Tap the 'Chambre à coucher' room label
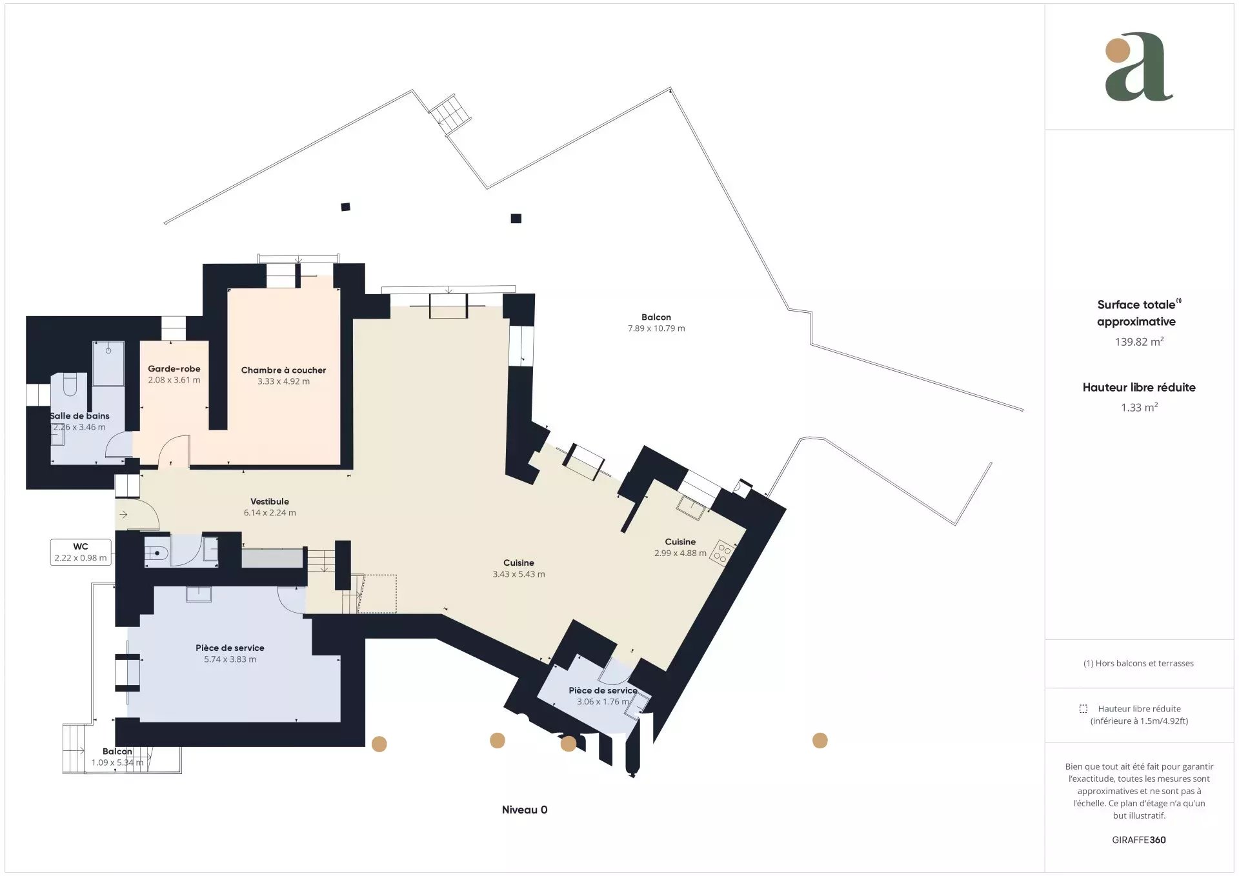pos(283,370)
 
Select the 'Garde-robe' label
pos(174,369)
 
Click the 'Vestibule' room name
pos(270,501)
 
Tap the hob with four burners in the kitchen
pos(721,553)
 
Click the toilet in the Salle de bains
pos(70,384)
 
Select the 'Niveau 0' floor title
pos(525,810)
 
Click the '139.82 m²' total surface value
pos(1139,342)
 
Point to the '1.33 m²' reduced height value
pos(1139,408)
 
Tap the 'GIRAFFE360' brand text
pos(1139,840)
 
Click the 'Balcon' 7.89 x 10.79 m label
pos(656,317)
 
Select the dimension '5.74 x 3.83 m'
pos(230,659)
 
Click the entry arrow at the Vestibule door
pos(123,514)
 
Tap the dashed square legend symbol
pos(1083,708)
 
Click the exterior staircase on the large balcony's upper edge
pos(451,114)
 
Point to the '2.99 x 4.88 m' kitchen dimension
pos(680,553)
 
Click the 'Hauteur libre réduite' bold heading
pos(1139,387)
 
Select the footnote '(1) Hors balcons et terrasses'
pos(1138,663)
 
